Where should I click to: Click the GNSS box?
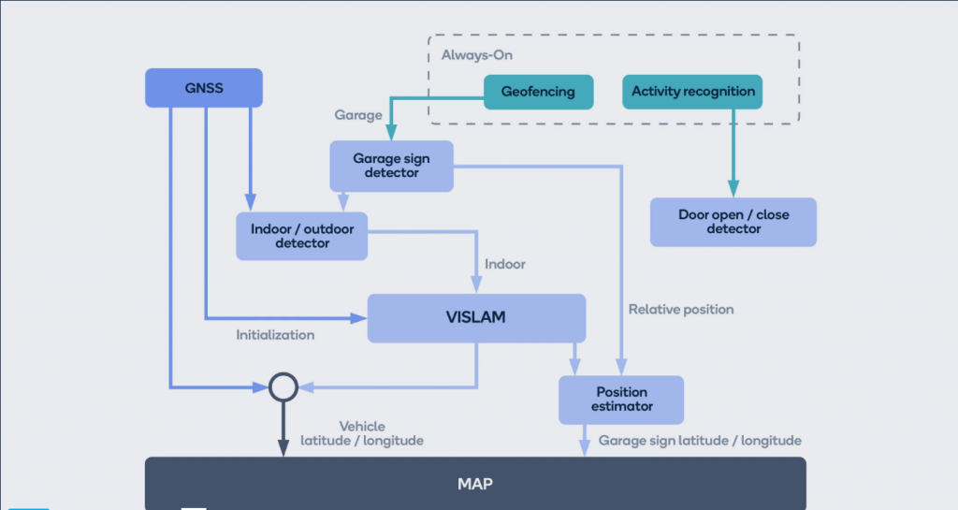click(203, 88)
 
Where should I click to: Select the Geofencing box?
click(538, 92)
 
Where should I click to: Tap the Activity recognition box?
click(692, 92)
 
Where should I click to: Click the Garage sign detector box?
click(392, 166)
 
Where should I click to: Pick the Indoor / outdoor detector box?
click(302, 236)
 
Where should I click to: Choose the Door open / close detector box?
click(733, 222)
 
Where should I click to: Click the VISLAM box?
click(475, 317)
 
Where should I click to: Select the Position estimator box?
click(621, 400)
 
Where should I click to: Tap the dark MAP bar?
click(475, 484)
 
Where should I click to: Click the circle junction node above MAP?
click(283, 386)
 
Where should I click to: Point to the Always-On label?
click(477, 55)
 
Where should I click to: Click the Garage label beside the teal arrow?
click(358, 115)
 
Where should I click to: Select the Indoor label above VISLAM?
click(505, 264)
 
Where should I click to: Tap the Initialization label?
click(275, 334)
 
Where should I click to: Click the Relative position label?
click(681, 309)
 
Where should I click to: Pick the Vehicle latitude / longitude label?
click(362, 433)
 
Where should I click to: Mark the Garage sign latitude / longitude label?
click(700, 440)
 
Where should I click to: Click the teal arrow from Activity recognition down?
click(733, 150)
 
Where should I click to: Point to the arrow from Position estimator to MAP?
click(585, 441)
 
